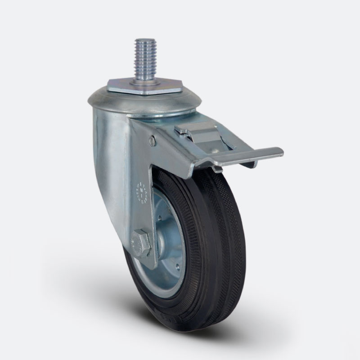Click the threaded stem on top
pos(145,59)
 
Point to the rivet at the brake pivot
pos(153,141)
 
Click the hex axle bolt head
pos(140,244)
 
